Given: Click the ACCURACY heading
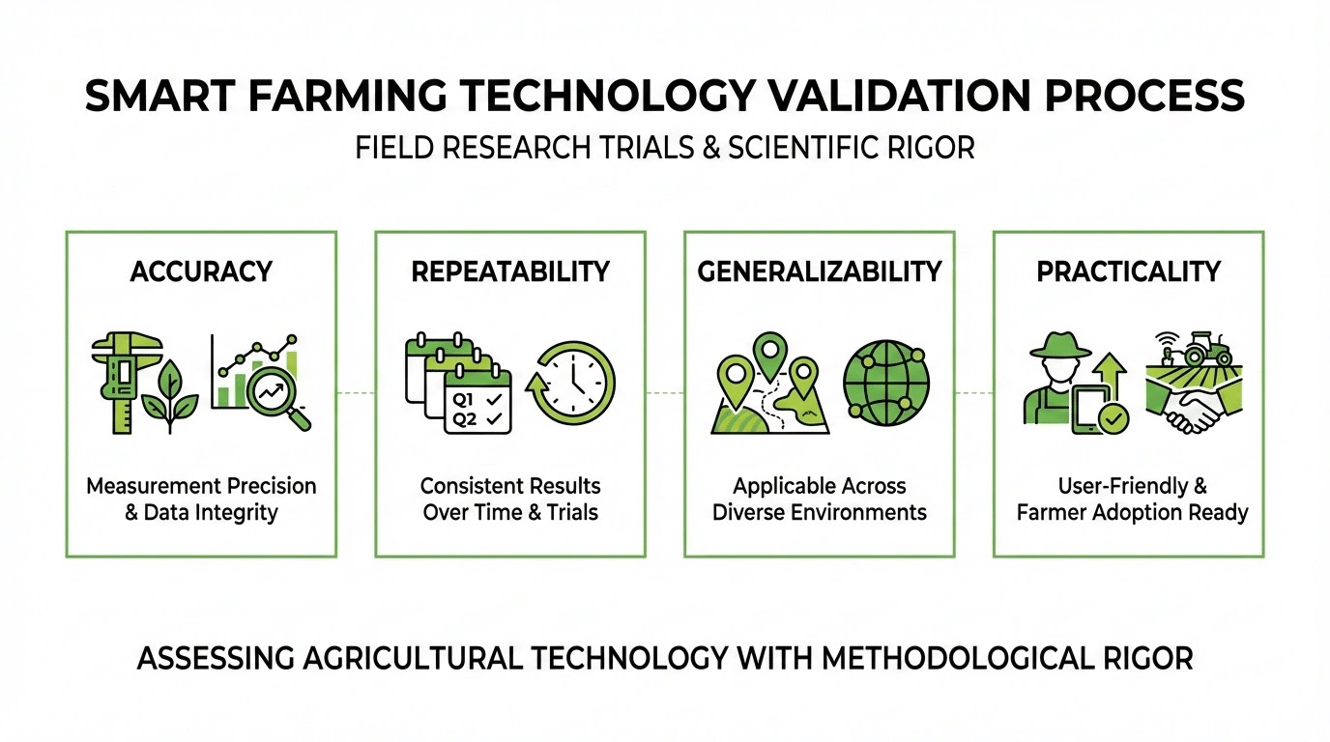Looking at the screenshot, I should click(x=201, y=271).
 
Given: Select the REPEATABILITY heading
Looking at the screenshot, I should click(x=510, y=271).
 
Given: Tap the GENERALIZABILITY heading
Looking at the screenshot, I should click(x=820, y=271).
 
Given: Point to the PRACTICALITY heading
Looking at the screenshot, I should click(x=1128, y=271).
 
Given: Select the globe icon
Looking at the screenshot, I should click(x=886, y=382).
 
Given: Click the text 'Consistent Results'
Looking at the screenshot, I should click(x=510, y=485).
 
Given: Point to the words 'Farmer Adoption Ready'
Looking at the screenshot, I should click(x=1133, y=512).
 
